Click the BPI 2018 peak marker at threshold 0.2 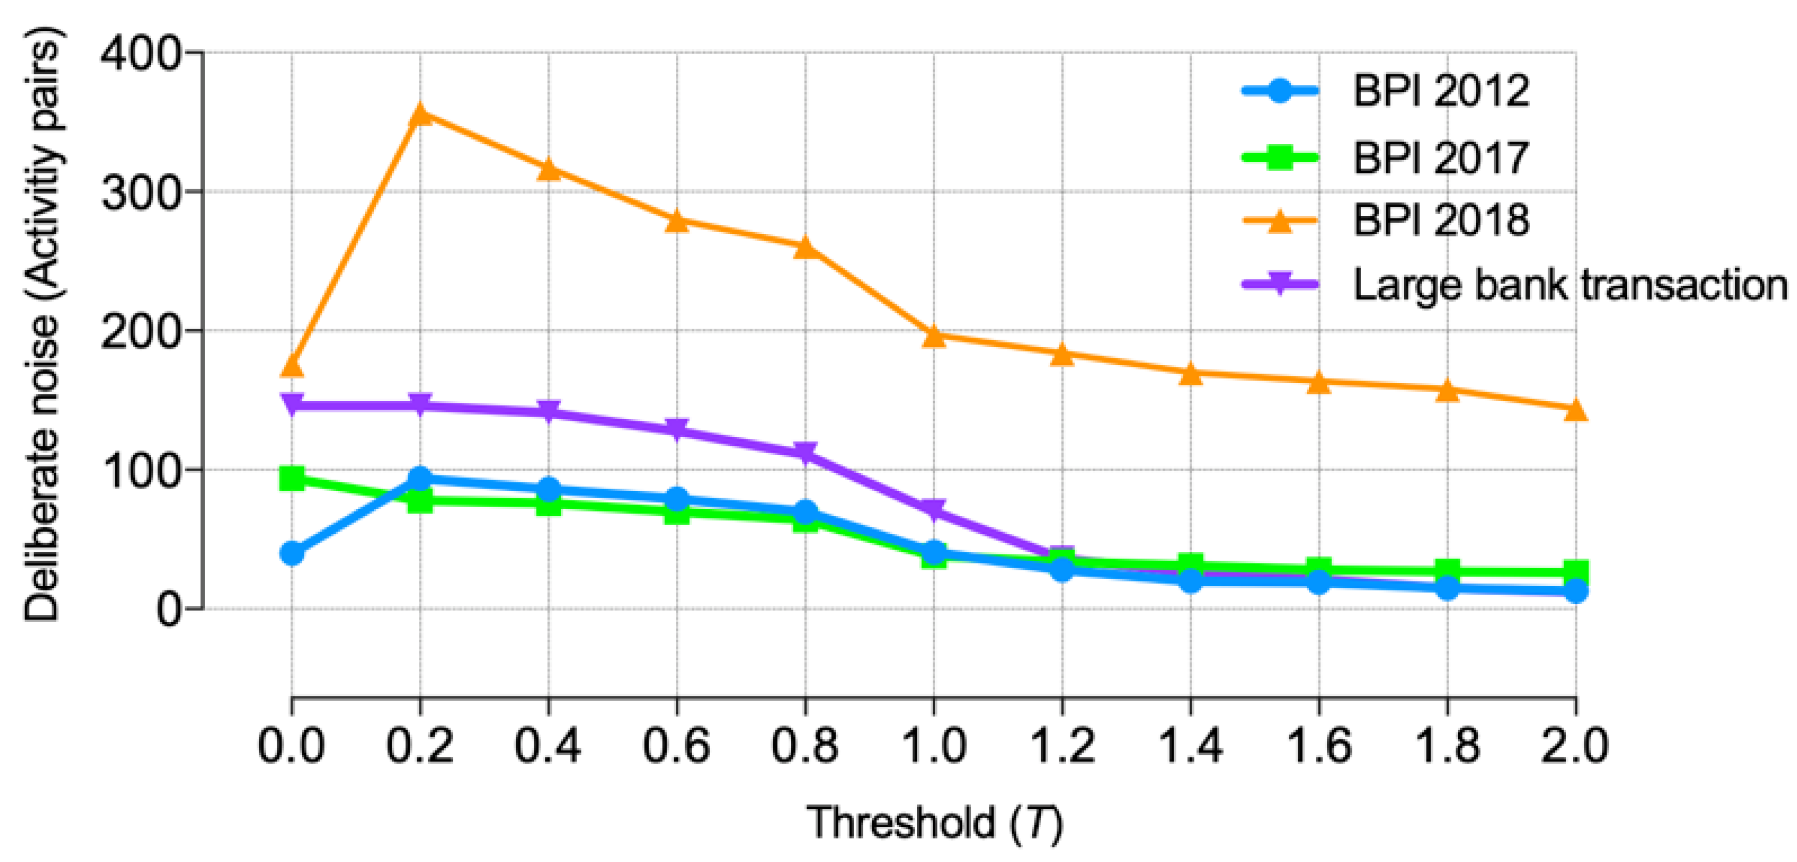point(420,113)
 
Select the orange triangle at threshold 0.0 point(291,365)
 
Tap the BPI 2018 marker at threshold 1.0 point(934,336)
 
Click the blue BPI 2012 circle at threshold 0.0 point(291,554)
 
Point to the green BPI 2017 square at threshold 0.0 point(291,479)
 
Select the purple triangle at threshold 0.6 point(676,429)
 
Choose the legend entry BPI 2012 point(1440,91)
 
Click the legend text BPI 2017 point(1440,157)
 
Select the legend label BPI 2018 point(1440,220)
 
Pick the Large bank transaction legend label point(1570,285)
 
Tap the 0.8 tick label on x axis point(804,745)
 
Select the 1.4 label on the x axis point(1190,745)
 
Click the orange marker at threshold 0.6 point(676,222)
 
